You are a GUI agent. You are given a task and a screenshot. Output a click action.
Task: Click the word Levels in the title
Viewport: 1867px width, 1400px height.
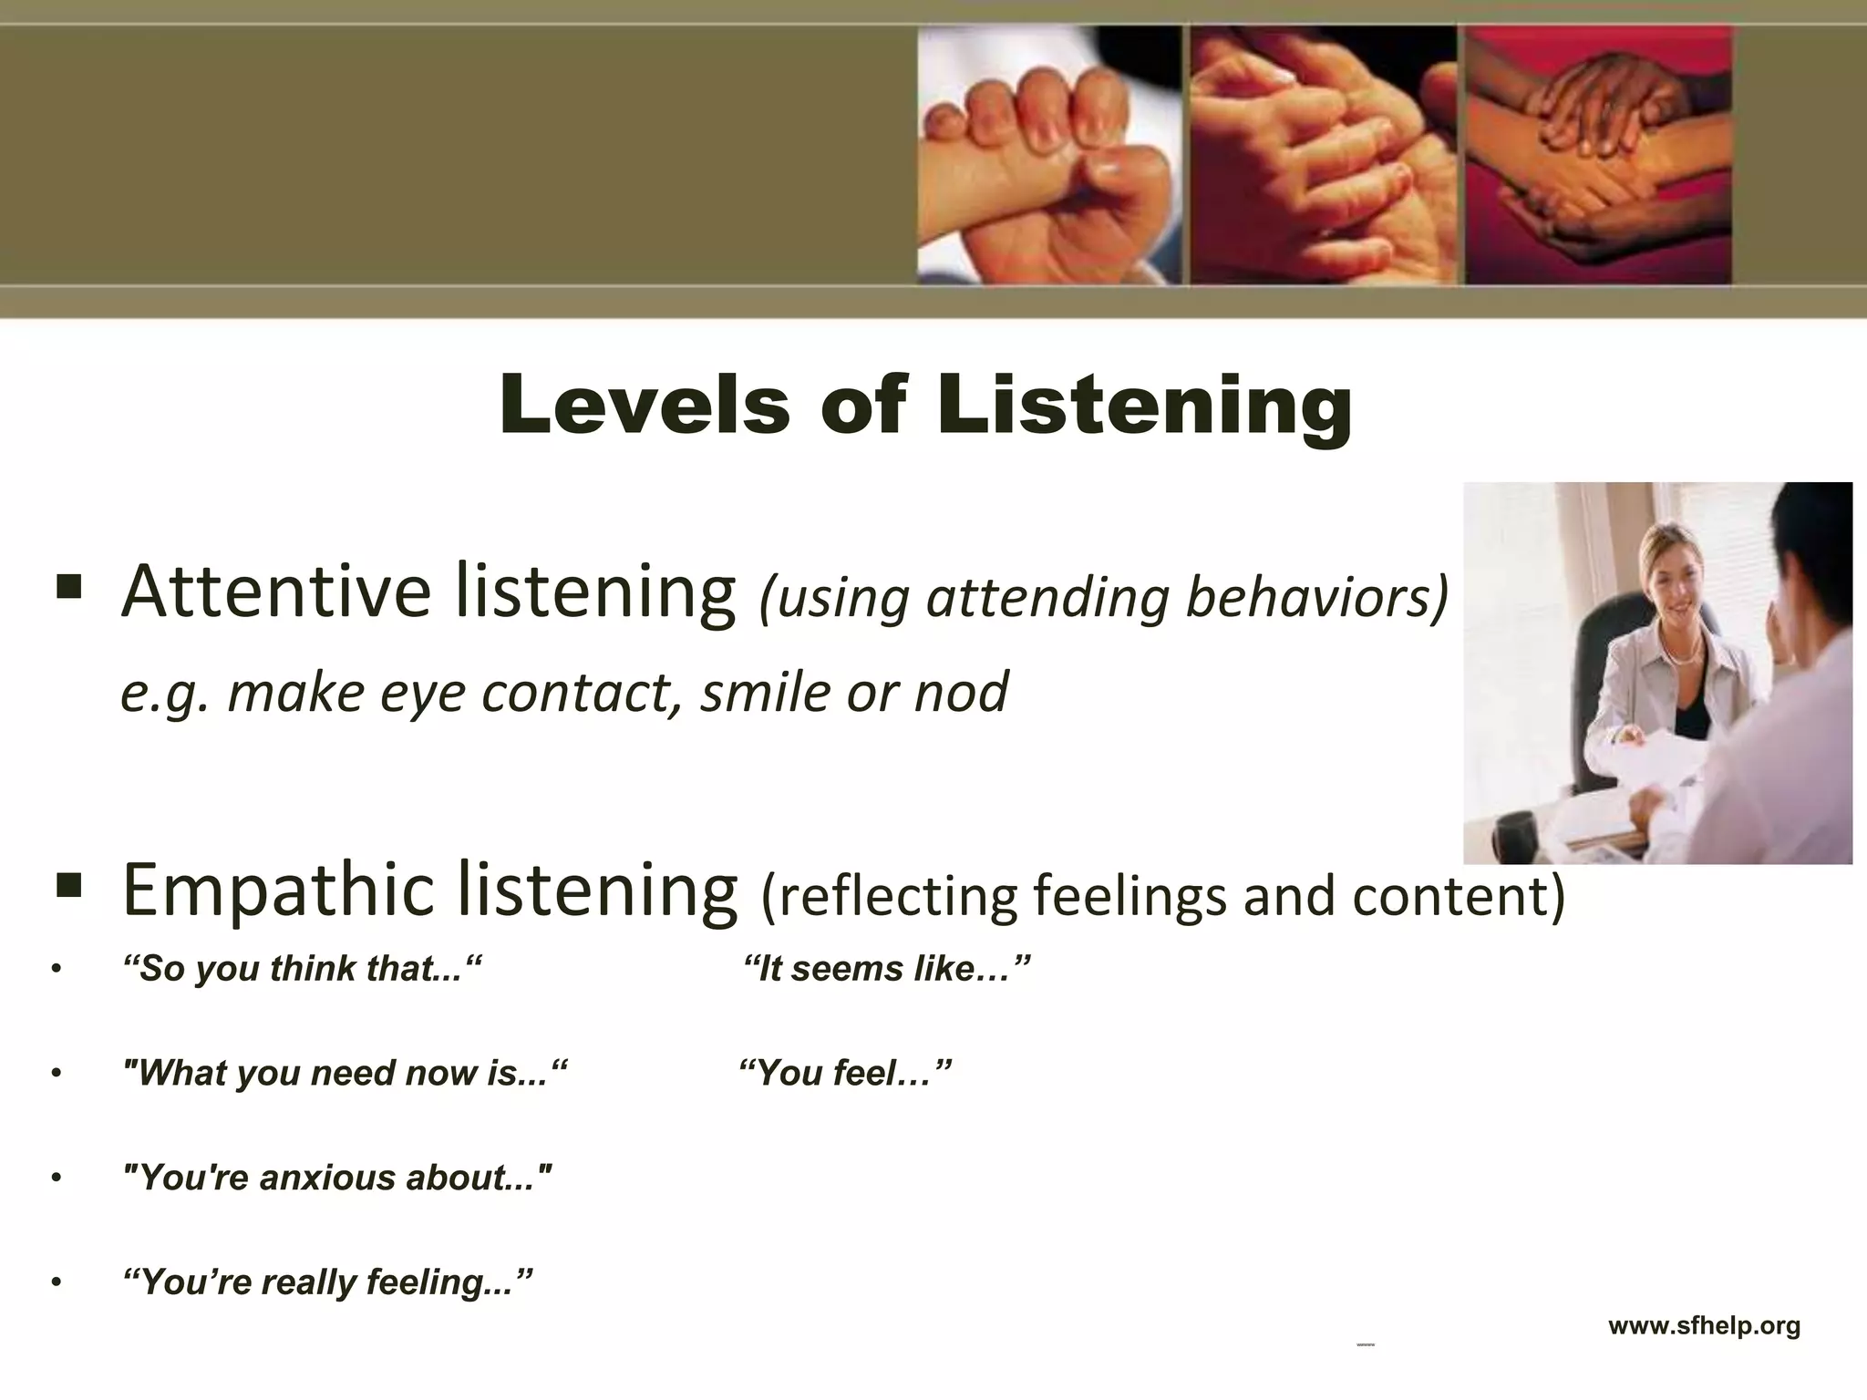(645, 405)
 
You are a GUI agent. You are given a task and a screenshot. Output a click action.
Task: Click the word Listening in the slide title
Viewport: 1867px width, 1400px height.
(1144, 405)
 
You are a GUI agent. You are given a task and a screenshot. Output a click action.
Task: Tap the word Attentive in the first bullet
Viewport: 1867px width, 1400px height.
(276, 592)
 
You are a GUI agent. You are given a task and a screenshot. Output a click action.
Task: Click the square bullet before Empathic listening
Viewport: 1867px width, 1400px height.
(69, 884)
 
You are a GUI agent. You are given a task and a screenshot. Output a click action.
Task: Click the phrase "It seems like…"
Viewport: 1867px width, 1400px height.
(886, 969)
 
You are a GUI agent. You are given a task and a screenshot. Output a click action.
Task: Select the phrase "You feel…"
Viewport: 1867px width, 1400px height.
(845, 1074)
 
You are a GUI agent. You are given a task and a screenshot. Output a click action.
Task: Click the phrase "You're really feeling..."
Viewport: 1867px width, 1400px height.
(326, 1282)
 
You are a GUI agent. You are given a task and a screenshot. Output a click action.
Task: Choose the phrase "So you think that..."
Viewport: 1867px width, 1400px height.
(301, 969)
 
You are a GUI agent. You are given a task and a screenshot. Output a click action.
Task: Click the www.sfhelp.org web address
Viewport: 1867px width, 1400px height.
(1704, 1325)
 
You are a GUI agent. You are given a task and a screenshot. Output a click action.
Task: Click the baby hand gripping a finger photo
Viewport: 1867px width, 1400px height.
(1047, 155)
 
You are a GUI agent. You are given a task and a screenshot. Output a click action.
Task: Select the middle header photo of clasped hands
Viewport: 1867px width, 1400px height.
(1323, 155)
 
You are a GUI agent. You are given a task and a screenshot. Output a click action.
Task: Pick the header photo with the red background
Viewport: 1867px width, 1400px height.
(1598, 155)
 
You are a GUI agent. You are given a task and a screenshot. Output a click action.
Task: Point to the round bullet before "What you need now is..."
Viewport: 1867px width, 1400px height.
(57, 1075)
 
